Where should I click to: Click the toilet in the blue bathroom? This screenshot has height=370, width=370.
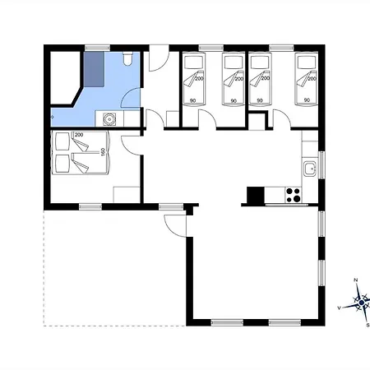[127, 58]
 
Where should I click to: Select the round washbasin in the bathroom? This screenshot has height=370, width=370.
[109, 119]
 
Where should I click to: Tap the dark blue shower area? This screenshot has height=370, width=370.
[94, 69]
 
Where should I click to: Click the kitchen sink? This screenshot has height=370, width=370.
[310, 169]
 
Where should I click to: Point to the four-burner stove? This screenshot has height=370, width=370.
[293, 195]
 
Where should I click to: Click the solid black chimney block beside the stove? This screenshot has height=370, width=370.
[256, 195]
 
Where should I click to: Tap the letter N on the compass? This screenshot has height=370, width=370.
[356, 280]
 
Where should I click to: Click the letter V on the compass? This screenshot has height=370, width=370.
[339, 308]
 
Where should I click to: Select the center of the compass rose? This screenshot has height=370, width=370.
[362, 303]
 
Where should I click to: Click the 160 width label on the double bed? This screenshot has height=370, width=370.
[103, 152]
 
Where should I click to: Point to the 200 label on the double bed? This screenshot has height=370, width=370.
[79, 135]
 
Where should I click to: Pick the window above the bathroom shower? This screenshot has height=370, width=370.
[97, 49]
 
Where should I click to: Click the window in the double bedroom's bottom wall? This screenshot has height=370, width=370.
[90, 206]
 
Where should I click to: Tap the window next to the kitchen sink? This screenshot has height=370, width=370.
[321, 165]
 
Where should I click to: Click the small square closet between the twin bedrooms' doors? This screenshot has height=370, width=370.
[257, 121]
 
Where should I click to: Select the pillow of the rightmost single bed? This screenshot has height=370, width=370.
[307, 62]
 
